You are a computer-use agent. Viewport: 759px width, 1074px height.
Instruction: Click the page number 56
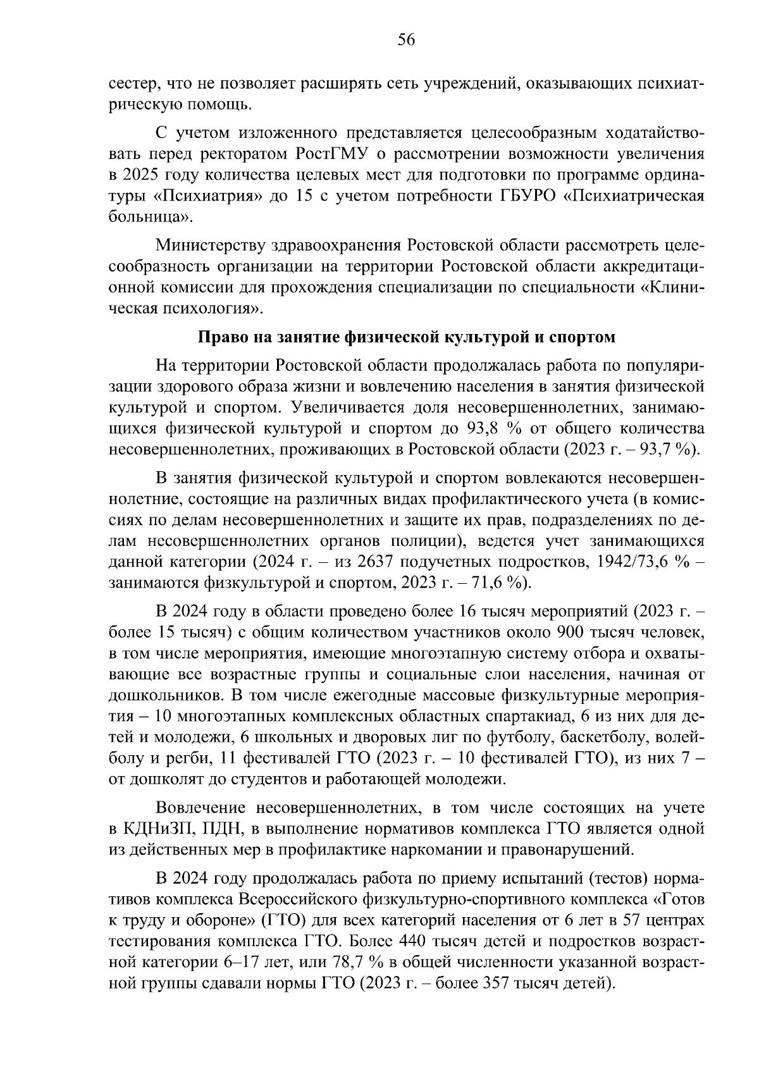coord(405,40)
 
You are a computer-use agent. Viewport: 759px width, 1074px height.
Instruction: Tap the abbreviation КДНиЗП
coord(149,828)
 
